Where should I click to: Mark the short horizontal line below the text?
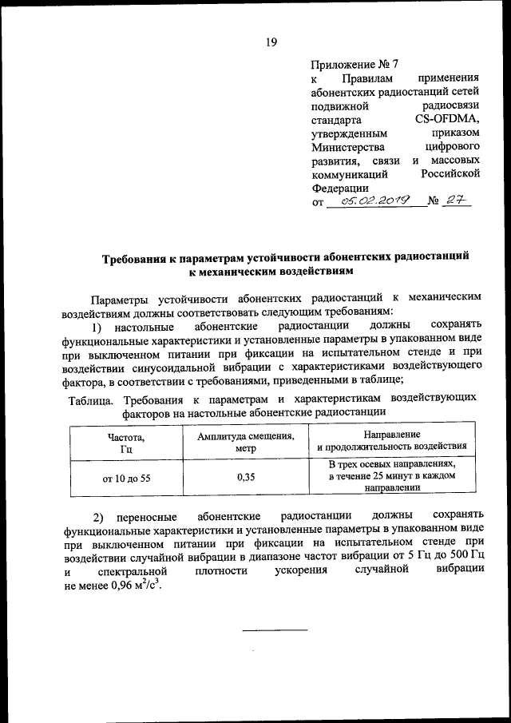click(275, 630)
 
